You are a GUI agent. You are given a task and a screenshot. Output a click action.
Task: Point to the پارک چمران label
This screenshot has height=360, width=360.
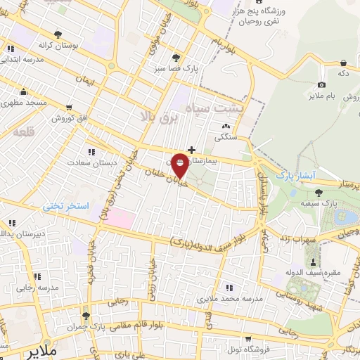(x=108, y=328)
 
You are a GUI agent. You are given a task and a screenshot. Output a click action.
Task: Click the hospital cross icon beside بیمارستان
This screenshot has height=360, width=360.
(x=192, y=149)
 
